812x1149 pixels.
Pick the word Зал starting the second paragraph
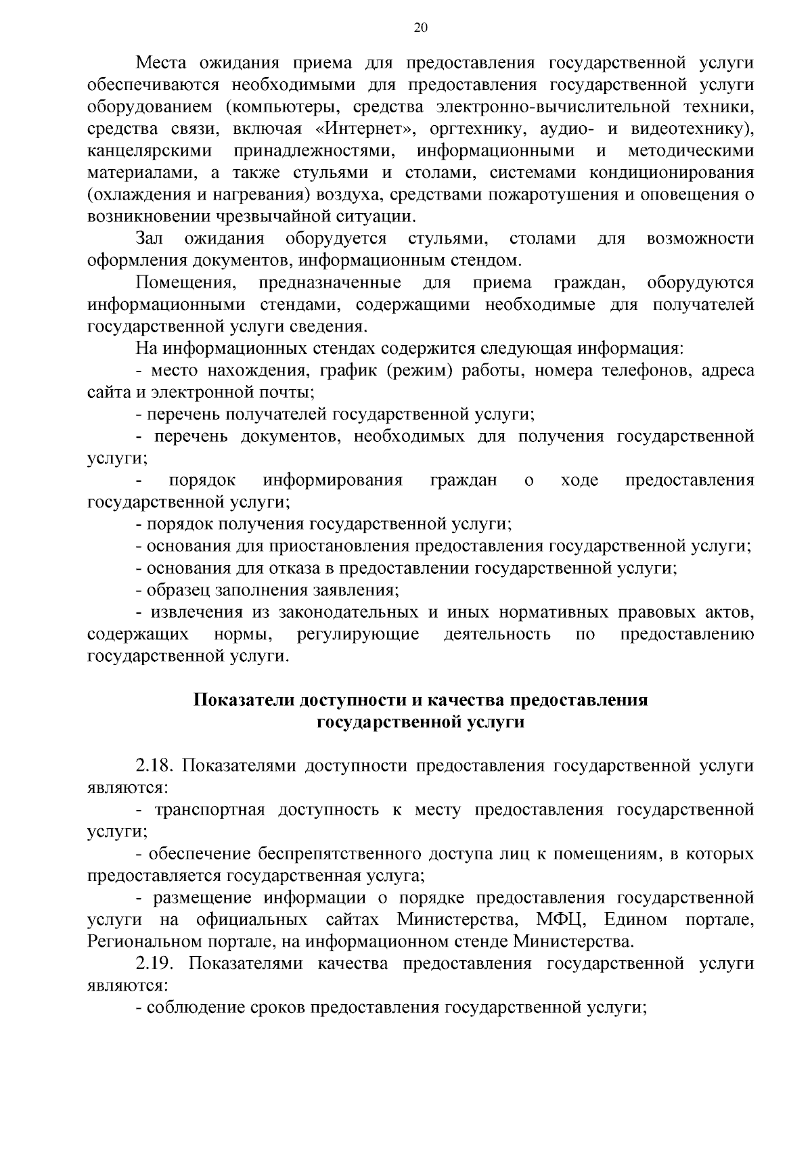point(150,238)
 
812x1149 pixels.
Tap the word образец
point(177,589)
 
